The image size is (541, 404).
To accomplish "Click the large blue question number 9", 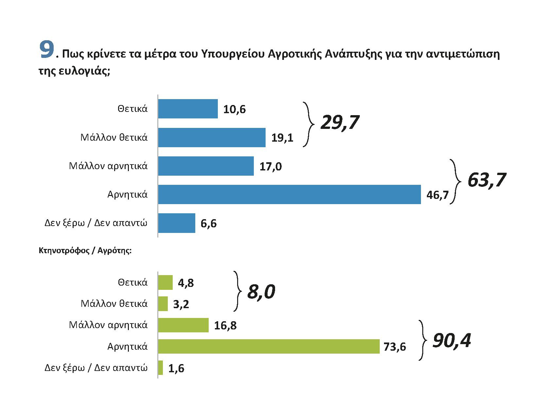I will pos(46,50).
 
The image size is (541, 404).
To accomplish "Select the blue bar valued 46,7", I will pos(289,194).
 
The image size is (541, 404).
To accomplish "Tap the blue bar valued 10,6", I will pos(188,109).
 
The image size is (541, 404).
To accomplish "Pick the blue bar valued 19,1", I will pos(212,137).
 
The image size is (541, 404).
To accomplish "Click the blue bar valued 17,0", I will pos(206,166).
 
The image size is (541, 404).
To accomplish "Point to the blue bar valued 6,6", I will pos(177,223).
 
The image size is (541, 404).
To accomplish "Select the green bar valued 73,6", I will pos(269,346).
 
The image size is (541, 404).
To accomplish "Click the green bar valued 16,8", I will pos(183,325).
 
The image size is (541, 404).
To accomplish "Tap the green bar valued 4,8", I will pos(165,282).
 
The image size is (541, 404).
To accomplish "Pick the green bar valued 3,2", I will pos(163,304).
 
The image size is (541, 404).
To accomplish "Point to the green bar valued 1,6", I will pos(160,368).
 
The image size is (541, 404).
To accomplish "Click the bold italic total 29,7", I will pos(340,123).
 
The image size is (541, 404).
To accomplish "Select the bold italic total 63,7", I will pos(487,180).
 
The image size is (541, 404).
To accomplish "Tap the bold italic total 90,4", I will pos(452,341).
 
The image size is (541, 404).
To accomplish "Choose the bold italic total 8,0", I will pos(261,291).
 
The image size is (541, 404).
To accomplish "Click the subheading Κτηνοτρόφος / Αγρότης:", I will pos(85,251).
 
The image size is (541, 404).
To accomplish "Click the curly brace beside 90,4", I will pos(423,340).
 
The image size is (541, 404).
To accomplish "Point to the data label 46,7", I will pos(437,195).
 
